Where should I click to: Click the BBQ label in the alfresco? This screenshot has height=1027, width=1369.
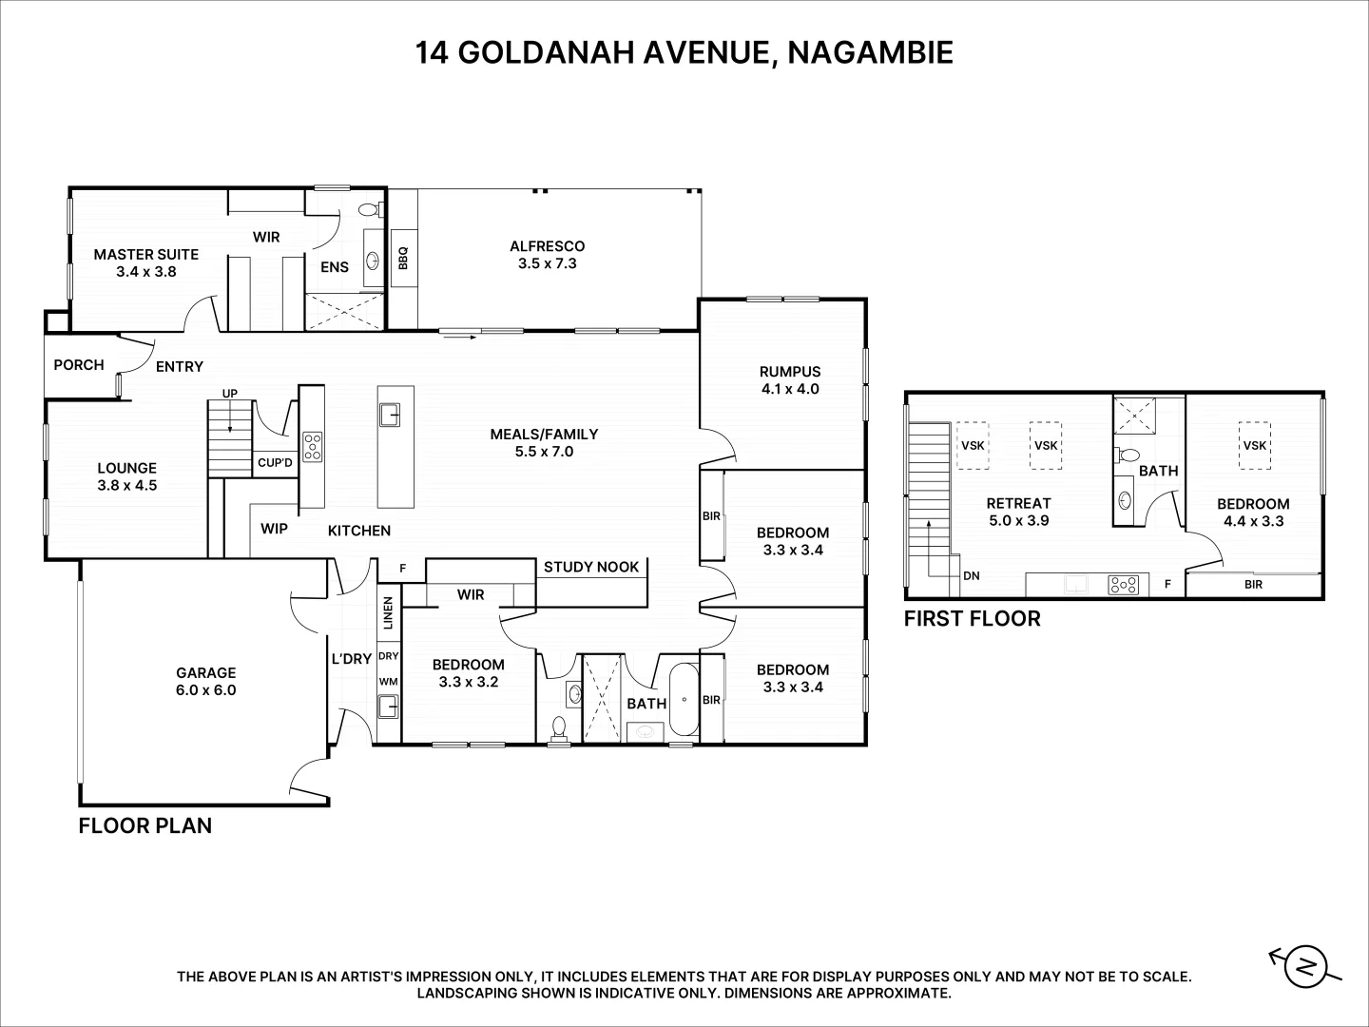point(403,258)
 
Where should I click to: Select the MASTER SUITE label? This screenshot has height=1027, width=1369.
point(146,255)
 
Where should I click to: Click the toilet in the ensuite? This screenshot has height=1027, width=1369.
point(372,209)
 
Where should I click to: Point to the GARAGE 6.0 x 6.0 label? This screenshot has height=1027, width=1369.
point(205,681)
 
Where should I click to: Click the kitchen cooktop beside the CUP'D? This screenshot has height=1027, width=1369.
point(313,447)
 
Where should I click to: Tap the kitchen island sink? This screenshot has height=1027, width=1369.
point(390,415)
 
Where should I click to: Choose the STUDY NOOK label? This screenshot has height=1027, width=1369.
point(591,567)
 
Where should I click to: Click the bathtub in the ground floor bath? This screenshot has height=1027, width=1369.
point(684,699)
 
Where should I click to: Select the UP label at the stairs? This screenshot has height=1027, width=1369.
point(230,394)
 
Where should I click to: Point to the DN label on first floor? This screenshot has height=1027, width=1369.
point(971,575)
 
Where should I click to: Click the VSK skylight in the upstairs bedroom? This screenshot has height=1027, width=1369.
point(1254,445)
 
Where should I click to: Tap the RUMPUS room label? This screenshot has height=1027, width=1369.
point(790,372)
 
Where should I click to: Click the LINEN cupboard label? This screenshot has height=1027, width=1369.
point(388,613)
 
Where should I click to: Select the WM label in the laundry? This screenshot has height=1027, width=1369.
point(389,682)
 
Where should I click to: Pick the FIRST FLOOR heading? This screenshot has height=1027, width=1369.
point(973,618)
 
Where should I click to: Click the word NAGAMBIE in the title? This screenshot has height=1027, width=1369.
point(870,52)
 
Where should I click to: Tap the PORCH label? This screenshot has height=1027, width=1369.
point(79,365)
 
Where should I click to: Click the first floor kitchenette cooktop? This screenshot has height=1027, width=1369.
point(1124,585)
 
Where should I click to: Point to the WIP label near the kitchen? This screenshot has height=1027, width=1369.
point(274,529)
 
